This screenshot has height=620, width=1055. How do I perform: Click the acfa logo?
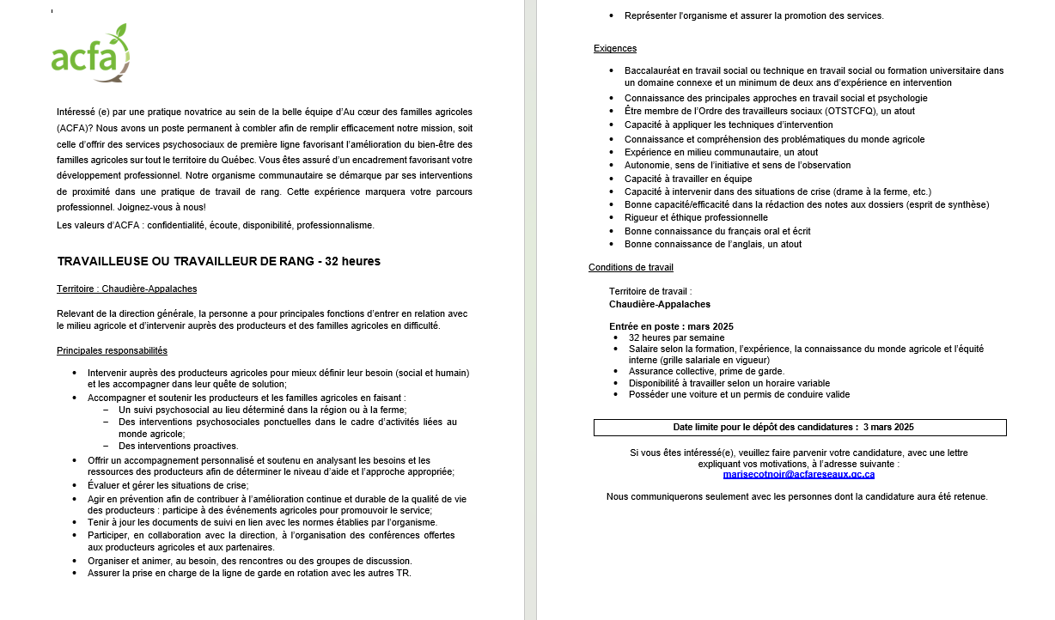(x=90, y=54)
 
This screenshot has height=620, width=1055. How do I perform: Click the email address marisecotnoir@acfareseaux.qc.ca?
(x=799, y=474)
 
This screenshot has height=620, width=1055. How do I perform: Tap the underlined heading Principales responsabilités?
(x=112, y=350)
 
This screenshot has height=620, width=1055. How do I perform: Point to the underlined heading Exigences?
(x=615, y=48)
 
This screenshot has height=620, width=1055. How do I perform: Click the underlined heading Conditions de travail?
(x=631, y=268)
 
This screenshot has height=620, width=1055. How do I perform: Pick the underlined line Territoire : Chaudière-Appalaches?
(x=127, y=289)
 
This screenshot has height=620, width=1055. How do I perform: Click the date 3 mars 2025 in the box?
(x=888, y=427)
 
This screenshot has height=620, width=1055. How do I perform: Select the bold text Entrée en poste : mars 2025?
(x=671, y=326)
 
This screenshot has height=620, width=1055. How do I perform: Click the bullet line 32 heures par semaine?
(x=675, y=337)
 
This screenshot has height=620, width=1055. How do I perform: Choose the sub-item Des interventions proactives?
(x=178, y=446)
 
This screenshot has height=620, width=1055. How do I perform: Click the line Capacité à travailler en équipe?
(x=687, y=179)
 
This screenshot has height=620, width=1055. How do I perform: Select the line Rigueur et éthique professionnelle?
(x=696, y=218)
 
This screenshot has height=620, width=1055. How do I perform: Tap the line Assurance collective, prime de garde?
(x=706, y=372)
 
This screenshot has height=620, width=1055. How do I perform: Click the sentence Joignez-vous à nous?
(x=157, y=207)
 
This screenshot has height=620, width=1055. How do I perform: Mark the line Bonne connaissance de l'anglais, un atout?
(x=713, y=245)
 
